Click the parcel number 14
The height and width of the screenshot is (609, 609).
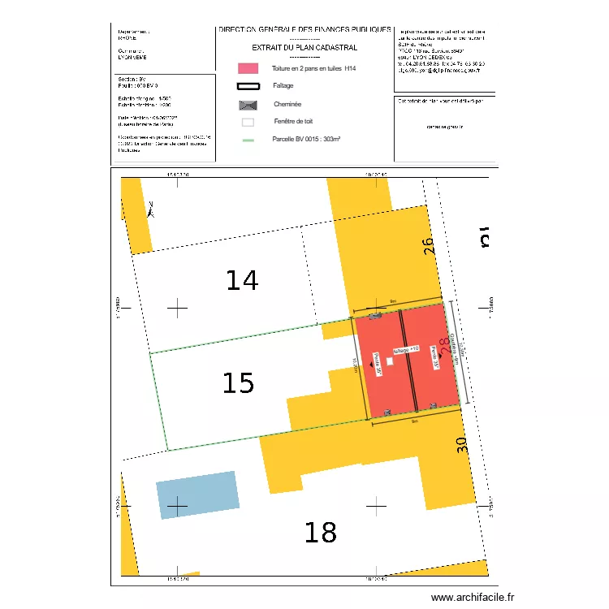coord(242,281)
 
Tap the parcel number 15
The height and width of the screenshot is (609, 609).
coord(238,383)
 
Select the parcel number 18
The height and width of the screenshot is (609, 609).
coord(320,533)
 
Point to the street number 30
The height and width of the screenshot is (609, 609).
coord(462,445)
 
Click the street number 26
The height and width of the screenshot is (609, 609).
coord(431,247)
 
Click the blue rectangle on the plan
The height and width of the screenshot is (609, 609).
coord(197,495)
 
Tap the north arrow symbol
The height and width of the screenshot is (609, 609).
coord(151,209)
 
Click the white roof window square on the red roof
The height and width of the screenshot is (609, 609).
coord(389,362)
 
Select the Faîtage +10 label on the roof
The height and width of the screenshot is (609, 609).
coord(406,350)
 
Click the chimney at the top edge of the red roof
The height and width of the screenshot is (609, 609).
coord(374,317)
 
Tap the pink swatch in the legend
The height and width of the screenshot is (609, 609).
coord(248,69)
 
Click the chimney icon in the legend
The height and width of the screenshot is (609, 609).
coord(248,105)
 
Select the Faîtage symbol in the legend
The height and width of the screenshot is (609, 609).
coord(248,86)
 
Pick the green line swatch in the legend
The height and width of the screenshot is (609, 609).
coord(248,140)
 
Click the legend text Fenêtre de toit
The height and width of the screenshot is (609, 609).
coord(293,122)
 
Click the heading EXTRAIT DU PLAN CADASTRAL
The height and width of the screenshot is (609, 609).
coord(304,48)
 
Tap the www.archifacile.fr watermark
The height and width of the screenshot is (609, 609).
coord(473,598)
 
